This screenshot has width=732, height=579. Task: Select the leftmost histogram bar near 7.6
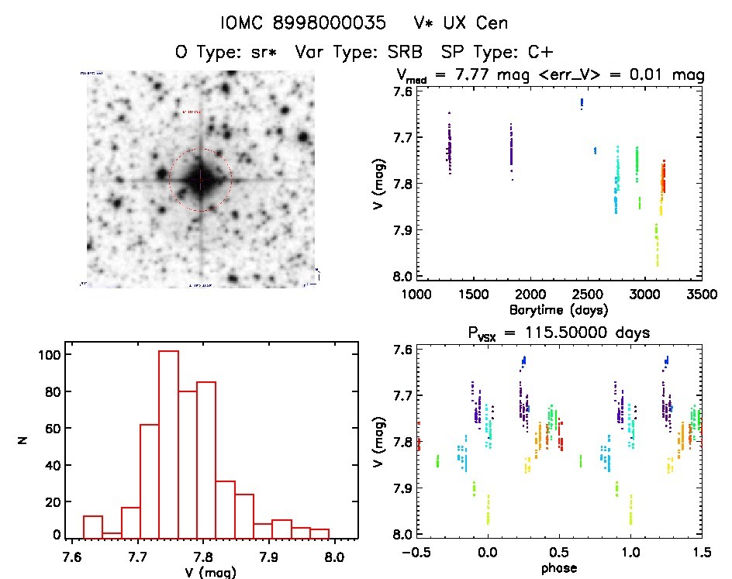click(92, 526)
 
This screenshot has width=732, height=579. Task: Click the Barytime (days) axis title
click(558, 310)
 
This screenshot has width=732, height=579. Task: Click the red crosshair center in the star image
click(200, 180)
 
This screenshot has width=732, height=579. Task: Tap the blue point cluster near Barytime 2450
click(582, 103)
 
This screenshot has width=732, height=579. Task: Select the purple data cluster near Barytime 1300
click(448, 146)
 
